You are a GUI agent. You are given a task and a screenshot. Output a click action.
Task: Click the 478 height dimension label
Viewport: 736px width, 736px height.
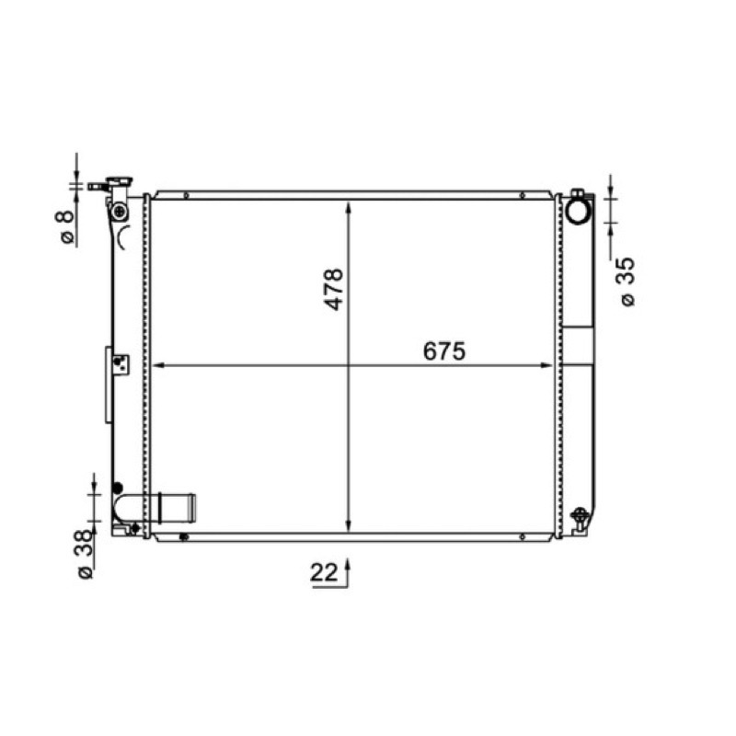pyautogui.click(x=334, y=289)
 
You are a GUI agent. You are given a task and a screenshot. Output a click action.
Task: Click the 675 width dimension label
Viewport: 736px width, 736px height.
pyautogui.click(x=444, y=351)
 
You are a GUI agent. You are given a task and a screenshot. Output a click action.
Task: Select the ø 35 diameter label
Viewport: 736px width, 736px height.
pyautogui.click(x=627, y=282)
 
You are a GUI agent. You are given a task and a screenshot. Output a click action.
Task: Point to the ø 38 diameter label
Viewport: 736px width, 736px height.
pyautogui.click(x=85, y=555)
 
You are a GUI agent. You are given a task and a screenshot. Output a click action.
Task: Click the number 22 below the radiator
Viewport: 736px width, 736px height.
pyautogui.click(x=324, y=572)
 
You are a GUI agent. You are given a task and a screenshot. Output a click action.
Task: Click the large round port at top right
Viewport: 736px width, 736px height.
pyautogui.click(x=580, y=212)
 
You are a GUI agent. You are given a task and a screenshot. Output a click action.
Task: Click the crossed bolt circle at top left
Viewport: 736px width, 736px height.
pyautogui.click(x=121, y=212)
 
